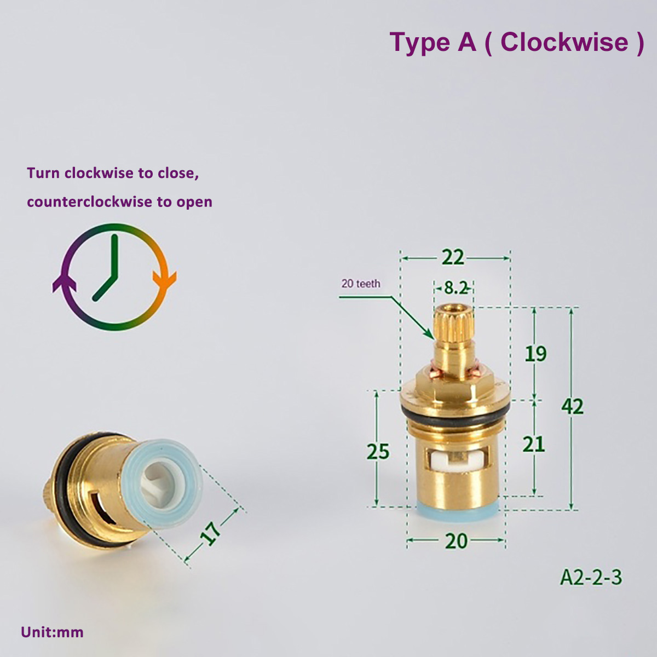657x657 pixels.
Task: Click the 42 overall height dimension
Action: (x=572, y=406)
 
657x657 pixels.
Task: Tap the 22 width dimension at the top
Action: (x=453, y=257)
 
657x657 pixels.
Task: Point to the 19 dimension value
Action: (x=535, y=354)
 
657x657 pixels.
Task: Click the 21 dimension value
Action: (x=533, y=443)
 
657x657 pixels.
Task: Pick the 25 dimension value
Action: (x=378, y=452)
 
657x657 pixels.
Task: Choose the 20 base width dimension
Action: (x=456, y=541)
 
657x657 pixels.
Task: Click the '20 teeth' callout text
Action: (x=360, y=284)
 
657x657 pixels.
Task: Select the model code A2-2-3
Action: (x=591, y=577)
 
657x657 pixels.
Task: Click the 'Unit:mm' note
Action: (x=52, y=632)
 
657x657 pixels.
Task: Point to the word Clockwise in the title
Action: (x=564, y=42)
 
